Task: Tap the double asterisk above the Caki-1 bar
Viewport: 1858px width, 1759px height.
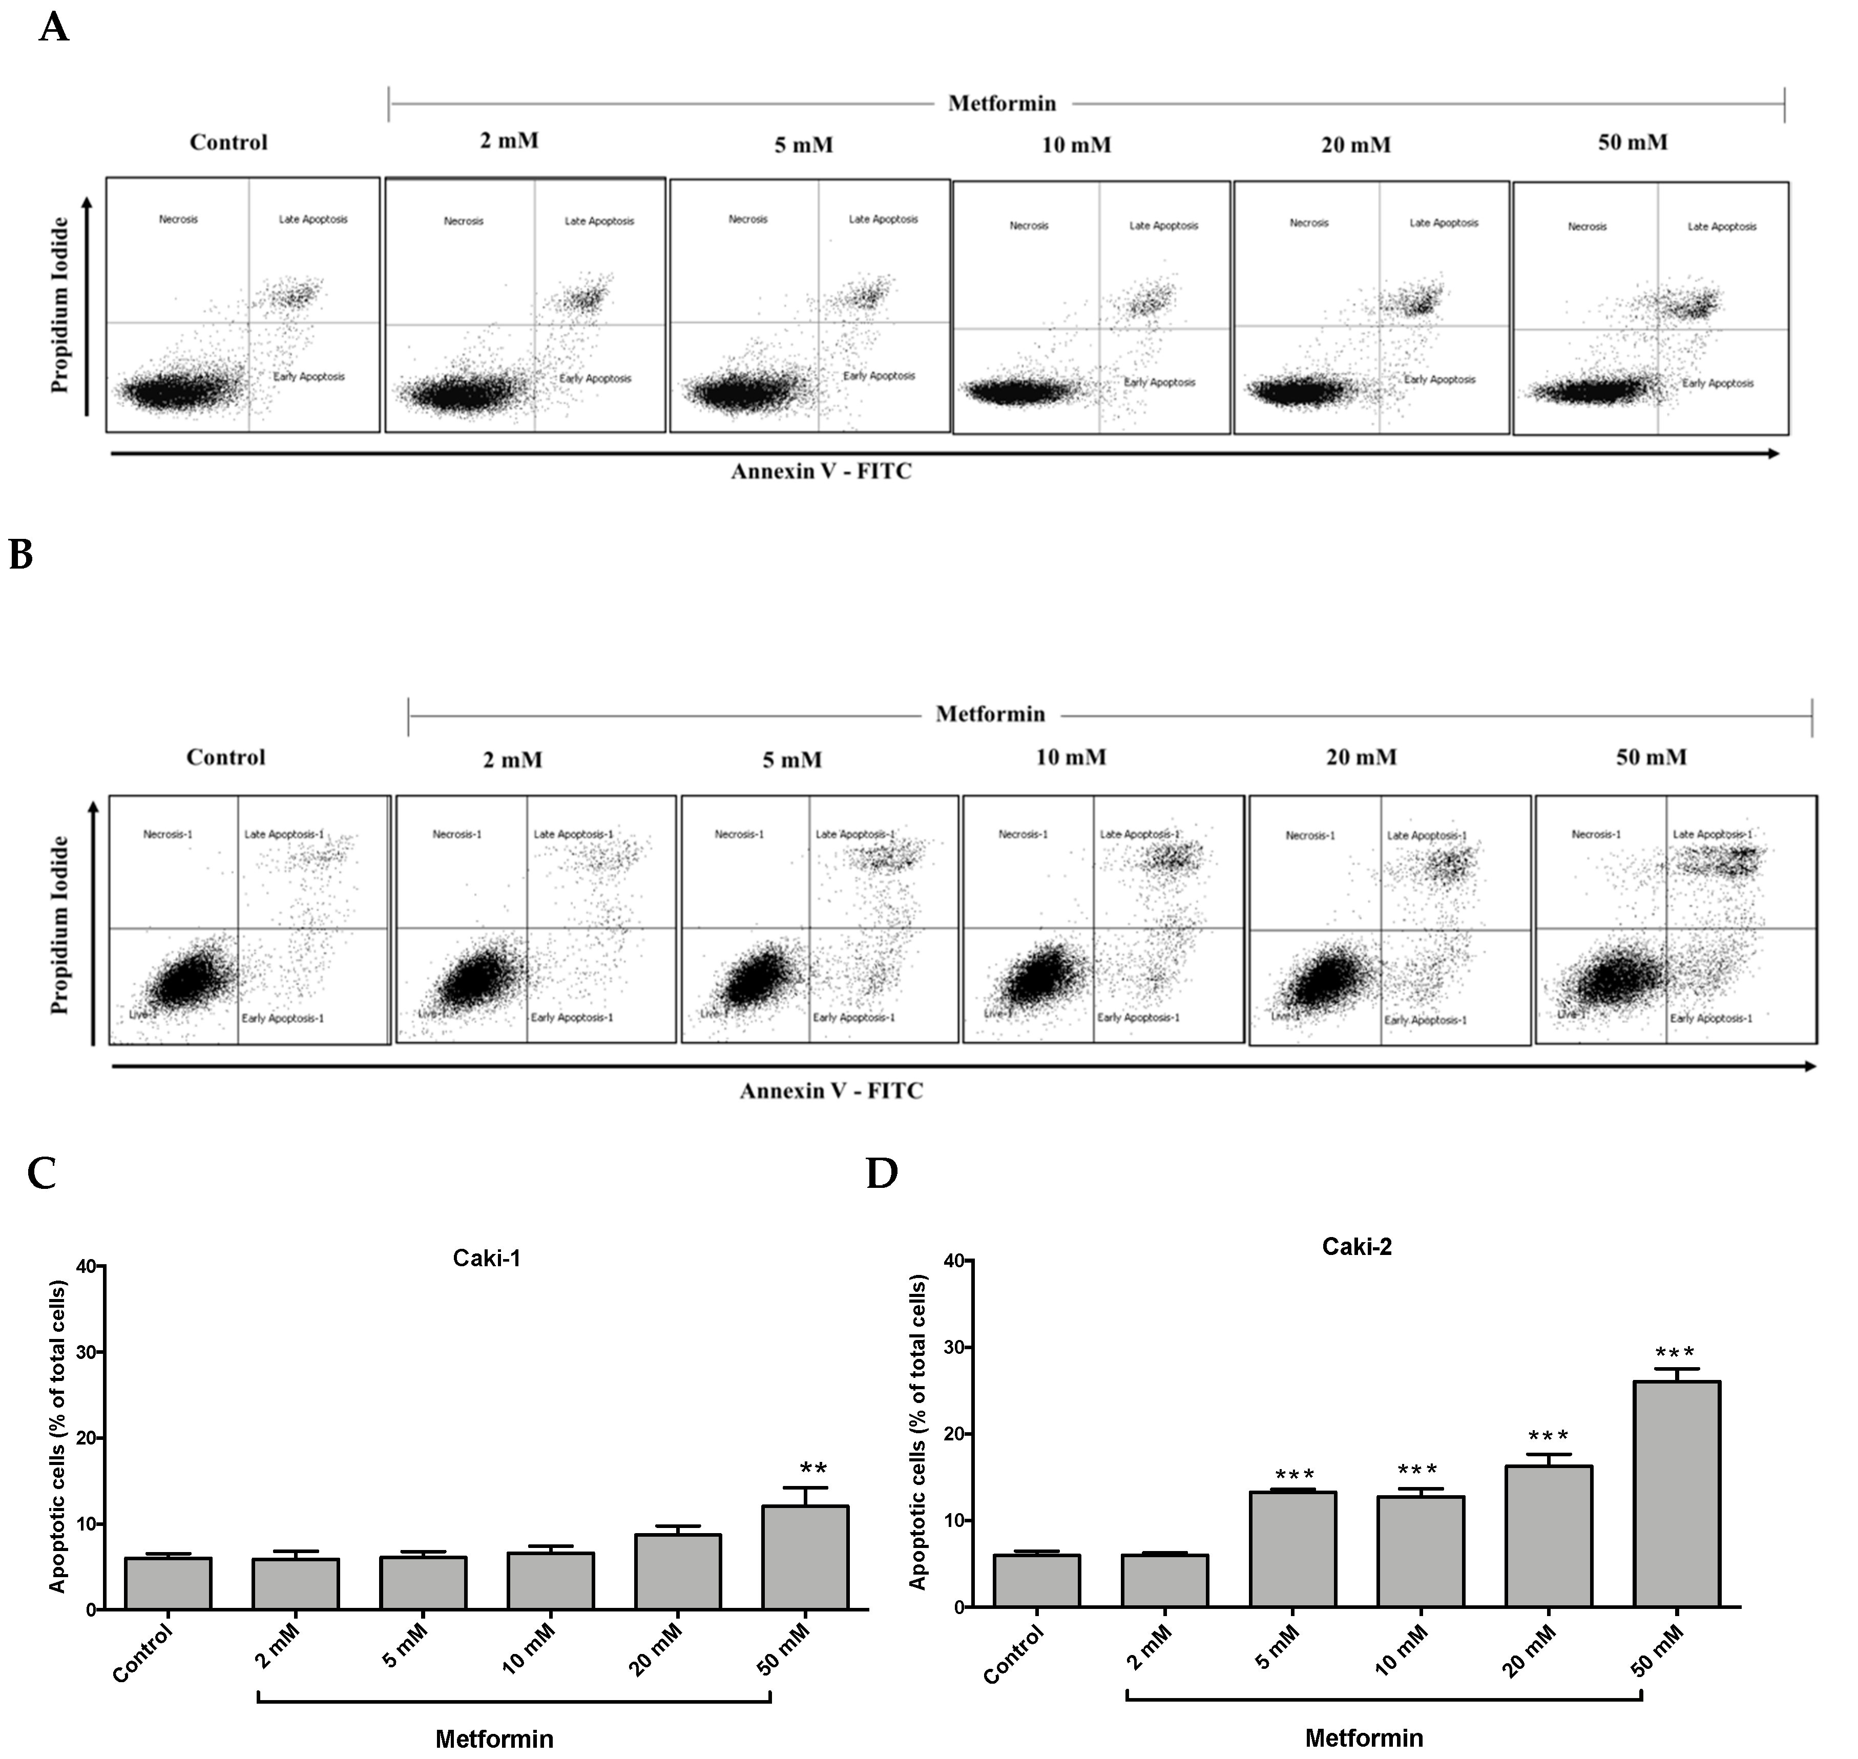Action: tap(813, 1469)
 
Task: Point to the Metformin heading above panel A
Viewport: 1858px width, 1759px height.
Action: tap(1001, 103)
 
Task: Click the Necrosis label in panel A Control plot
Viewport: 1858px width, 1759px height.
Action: tap(178, 219)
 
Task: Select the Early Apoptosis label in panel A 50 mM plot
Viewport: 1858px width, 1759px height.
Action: tap(1717, 384)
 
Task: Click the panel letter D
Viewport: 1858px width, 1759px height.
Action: tap(882, 1174)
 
